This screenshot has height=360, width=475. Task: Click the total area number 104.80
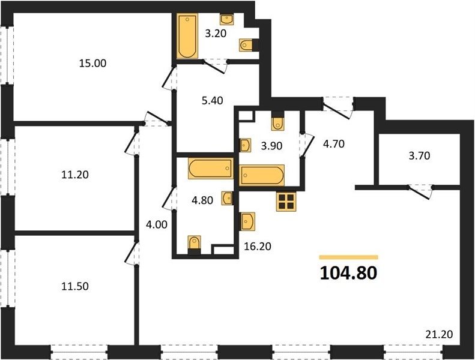348,273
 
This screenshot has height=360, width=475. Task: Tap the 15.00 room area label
92,63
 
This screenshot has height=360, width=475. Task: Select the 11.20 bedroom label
75,175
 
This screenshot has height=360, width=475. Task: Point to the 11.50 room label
75,286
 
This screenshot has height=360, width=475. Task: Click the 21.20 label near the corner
439,335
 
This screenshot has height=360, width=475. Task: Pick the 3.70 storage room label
420,156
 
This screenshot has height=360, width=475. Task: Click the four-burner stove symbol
286,202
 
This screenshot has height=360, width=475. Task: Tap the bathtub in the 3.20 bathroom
187,36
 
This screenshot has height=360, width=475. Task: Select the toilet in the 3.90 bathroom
278,121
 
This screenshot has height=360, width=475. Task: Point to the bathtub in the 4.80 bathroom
211,169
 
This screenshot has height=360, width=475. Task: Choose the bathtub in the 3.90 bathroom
262,175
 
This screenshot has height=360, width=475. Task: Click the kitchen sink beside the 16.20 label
247,221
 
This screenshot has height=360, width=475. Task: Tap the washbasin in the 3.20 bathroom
226,20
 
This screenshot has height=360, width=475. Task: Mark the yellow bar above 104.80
349,257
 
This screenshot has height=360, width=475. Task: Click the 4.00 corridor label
156,224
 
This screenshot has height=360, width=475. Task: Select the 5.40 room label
213,100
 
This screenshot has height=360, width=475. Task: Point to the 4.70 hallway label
333,144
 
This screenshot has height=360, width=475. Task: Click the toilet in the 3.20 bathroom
246,46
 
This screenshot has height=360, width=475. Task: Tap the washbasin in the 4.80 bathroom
228,199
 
